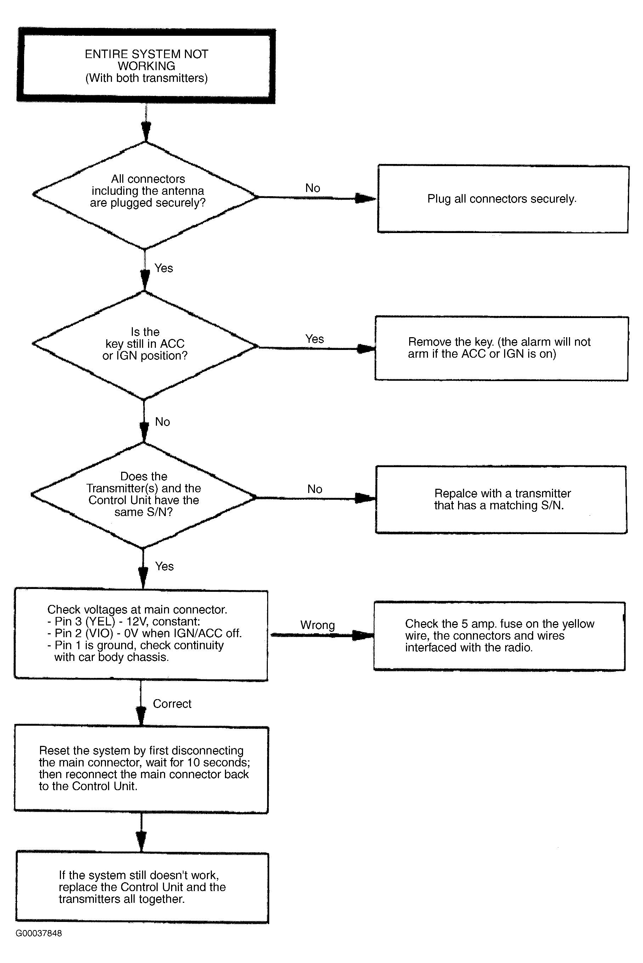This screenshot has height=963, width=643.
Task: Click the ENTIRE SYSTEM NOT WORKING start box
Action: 146,66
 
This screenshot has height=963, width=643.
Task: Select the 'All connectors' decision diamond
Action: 146,195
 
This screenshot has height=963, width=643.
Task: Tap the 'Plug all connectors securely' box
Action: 503,199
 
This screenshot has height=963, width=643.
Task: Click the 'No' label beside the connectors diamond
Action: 312,188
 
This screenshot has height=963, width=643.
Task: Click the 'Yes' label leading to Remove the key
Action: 315,339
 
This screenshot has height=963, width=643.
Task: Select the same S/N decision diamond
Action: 143,495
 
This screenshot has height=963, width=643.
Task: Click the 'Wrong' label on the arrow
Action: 317,625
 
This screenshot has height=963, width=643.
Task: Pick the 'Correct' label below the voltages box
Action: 172,703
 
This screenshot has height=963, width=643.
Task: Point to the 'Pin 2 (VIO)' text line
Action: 144,633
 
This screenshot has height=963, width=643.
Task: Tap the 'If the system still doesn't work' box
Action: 142,887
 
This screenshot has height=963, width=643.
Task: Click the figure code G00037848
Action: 39,933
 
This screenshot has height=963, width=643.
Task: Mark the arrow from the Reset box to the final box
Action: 141,832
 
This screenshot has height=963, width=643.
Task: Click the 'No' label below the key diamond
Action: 162,422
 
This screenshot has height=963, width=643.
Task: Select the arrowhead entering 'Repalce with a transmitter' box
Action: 365,498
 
